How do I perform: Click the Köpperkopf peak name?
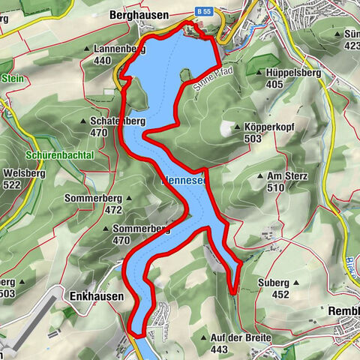[267, 127]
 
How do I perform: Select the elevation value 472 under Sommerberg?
[113, 210]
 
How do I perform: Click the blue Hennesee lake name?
[187, 181]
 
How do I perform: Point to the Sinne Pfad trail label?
[217, 76]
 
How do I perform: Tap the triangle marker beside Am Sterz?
[259, 176]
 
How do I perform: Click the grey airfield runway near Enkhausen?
[30, 315]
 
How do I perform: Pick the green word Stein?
[12, 78]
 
